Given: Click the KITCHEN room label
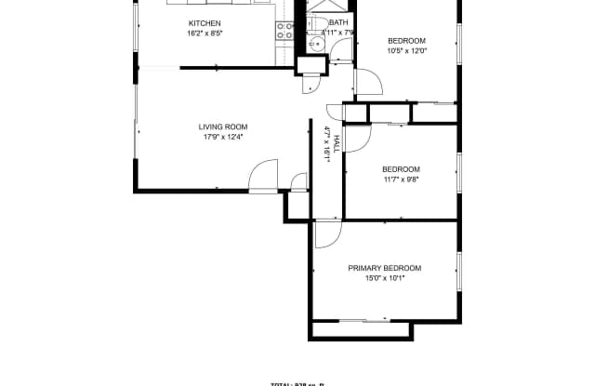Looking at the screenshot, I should (x=205, y=23).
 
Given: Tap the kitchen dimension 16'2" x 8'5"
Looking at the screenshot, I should (x=205, y=33).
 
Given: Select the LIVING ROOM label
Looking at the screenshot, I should (x=222, y=126).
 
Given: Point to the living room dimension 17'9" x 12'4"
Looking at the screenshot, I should (x=222, y=138).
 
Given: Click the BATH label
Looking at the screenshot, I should (x=338, y=22).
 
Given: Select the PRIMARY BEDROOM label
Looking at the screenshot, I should (x=384, y=268).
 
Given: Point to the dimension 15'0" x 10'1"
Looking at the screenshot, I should (x=384, y=278).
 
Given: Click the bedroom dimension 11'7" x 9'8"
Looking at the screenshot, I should (x=401, y=180).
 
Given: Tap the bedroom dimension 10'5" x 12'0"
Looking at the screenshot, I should (x=406, y=50).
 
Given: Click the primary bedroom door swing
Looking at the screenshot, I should (x=327, y=234).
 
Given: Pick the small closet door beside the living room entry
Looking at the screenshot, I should (x=298, y=180).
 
